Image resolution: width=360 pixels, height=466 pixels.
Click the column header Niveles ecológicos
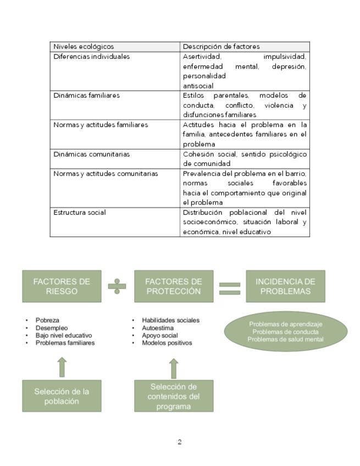click(x=84, y=47)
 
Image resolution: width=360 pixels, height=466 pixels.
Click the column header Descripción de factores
click(x=221, y=47)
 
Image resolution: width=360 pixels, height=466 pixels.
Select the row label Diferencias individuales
click(x=92, y=57)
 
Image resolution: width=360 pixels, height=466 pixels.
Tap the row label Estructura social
click(x=80, y=213)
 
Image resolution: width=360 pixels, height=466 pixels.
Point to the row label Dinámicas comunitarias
click(x=92, y=154)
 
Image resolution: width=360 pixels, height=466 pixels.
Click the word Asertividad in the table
click(x=202, y=57)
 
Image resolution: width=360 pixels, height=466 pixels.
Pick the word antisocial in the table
click(x=198, y=86)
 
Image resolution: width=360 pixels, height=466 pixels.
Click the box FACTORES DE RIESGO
click(x=62, y=286)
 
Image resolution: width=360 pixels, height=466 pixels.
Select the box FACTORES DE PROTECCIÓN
click(x=174, y=286)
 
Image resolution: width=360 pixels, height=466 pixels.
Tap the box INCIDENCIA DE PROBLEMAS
click(x=285, y=286)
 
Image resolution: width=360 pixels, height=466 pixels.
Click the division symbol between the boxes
click(x=117, y=286)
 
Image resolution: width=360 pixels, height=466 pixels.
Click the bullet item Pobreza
click(x=47, y=320)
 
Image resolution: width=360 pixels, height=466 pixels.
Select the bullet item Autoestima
click(x=157, y=328)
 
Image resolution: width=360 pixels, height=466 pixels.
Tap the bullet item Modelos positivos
click(x=167, y=343)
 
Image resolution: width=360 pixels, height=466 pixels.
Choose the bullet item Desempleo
click(x=51, y=328)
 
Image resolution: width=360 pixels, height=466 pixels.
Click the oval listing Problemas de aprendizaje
click(x=285, y=332)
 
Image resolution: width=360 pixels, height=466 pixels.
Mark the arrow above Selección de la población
click(x=62, y=367)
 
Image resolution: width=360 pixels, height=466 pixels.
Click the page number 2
click(x=180, y=442)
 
